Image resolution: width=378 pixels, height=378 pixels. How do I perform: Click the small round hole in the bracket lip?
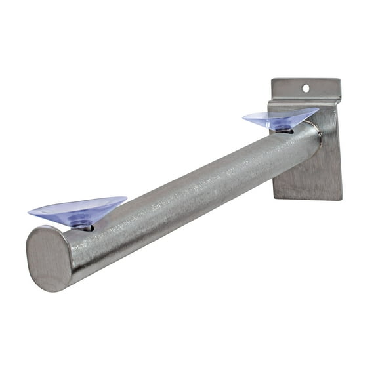tap(306, 87)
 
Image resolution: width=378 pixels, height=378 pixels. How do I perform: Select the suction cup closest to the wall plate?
tap(280, 118)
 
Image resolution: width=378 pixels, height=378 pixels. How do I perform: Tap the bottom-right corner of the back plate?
tap(342, 199)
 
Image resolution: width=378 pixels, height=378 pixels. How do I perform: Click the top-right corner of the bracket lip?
tap(341, 80)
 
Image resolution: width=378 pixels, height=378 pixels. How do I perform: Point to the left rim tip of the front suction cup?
tap(29, 211)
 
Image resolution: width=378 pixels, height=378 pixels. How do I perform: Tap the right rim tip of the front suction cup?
tap(127, 198)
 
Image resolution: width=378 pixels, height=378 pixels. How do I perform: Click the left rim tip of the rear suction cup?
tap(243, 117)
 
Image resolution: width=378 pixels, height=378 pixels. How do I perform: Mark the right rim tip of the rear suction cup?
tap(318, 110)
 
